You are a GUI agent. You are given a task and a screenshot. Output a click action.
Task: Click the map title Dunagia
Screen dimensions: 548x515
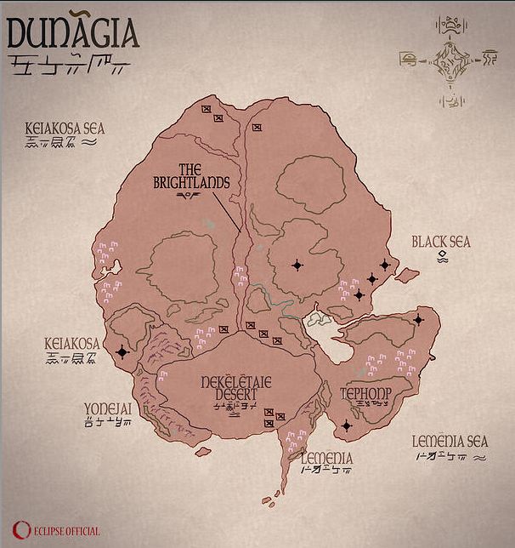tap(71, 32)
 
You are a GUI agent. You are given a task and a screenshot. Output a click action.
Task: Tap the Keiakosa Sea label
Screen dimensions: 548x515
tap(65, 128)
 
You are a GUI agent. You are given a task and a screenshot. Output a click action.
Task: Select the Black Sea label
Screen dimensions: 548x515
tap(440, 243)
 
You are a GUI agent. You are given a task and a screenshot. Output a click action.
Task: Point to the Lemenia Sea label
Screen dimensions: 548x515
tap(450, 442)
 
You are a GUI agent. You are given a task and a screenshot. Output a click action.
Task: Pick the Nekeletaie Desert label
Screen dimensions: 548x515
tap(236, 389)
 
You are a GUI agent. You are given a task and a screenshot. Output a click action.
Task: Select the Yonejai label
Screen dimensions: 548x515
tap(108, 408)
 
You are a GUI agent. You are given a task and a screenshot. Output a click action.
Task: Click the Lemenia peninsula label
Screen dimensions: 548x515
tap(326, 458)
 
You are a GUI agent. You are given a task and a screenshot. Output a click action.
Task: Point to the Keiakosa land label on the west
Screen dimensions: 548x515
tap(71, 344)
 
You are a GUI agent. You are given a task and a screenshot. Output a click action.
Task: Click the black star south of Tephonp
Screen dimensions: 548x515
tap(346, 425)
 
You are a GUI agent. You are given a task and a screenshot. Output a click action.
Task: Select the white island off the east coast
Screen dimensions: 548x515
tap(321, 319)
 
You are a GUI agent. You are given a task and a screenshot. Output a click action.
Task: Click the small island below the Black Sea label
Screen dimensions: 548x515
tap(407, 275)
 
